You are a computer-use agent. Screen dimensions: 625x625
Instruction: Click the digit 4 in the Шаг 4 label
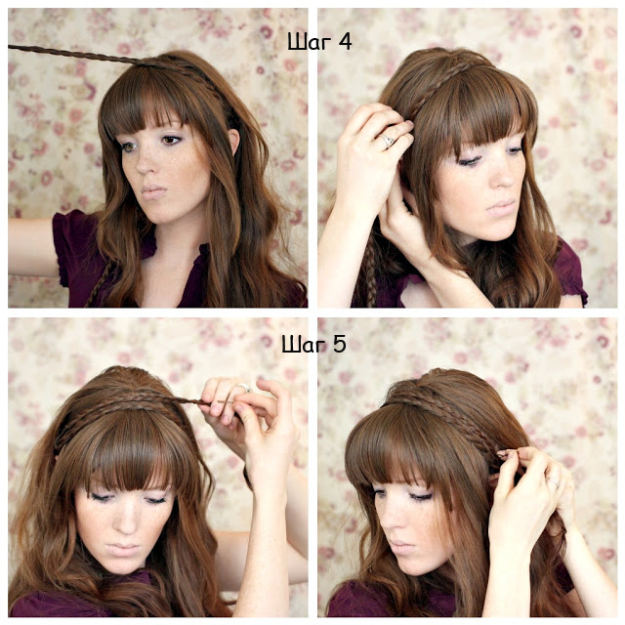point(344,41)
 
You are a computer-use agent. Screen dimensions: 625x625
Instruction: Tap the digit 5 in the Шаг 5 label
point(339,344)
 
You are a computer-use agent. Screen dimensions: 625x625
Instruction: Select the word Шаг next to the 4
point(310,42)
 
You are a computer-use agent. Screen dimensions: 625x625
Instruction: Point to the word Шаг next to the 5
point(304,345)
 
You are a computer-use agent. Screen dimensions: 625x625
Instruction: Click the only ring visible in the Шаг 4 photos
point(387,140)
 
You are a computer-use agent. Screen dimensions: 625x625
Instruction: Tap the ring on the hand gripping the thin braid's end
point(244,388)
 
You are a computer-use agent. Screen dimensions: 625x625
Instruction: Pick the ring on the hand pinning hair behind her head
point(554,482)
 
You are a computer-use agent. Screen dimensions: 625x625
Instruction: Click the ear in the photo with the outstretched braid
point(233,142)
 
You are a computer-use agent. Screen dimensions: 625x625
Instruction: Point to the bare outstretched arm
point(32,247)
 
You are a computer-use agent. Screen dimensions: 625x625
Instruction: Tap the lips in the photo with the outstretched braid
point(154,191)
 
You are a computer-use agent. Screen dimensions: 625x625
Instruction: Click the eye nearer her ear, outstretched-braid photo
point(172,140)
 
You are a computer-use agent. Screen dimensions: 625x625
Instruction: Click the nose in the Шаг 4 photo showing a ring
point(503,174)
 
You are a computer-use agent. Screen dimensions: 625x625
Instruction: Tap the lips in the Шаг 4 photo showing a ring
point(500,207)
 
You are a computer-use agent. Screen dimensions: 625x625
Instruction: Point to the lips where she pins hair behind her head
point(401,547)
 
